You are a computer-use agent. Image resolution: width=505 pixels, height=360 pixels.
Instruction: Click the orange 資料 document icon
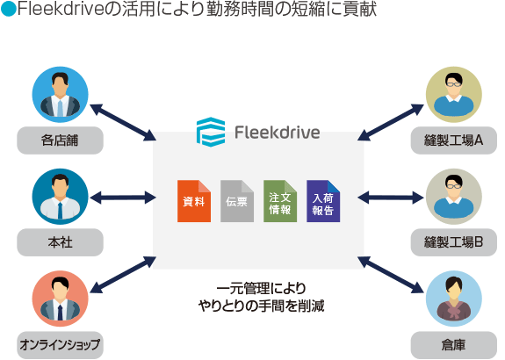(194, 201)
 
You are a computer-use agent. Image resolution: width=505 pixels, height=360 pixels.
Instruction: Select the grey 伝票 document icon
(237, 201)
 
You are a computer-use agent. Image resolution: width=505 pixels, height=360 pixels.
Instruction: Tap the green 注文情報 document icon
(280, 201)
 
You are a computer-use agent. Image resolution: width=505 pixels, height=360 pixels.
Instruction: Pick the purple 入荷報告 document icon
(323, 201)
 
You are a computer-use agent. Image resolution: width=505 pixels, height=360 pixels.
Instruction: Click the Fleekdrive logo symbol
(211, 132)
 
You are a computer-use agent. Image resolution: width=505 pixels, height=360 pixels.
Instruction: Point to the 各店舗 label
(61, 140)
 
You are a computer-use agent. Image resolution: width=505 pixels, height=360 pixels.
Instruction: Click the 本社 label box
(61, 242)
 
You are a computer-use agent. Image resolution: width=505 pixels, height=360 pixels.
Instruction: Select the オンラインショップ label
(61, 345)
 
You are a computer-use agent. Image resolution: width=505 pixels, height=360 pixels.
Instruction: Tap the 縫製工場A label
(454, 140)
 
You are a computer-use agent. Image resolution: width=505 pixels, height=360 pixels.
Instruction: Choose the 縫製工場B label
(454, 242)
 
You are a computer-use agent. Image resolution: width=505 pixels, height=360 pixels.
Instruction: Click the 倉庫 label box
(454, 345)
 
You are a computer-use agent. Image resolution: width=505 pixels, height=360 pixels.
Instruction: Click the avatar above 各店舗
(61, 95)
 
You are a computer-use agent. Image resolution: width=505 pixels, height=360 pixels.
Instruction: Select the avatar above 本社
(61, 197)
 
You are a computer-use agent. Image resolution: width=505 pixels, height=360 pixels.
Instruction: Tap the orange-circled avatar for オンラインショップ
(61, 299)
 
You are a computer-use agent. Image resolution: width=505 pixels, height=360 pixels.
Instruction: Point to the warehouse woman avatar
(454, 299)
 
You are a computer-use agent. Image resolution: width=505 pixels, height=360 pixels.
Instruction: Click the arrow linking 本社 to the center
(123, 198)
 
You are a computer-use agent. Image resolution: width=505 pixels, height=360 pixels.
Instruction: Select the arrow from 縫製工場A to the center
(391, 122)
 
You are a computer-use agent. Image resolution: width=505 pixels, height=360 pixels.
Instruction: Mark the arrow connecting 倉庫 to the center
(391, 275)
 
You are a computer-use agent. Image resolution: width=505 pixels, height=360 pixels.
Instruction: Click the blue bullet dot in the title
(9, 10)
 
